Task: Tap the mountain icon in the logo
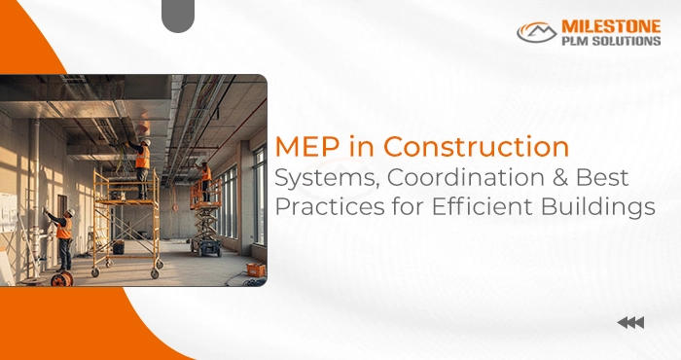click(x=536, y=33)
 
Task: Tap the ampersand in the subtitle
click(x=556, y=179)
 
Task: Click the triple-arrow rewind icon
click(x=630, y=323)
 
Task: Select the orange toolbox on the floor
click(x=255, y=269)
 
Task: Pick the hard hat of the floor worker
click(x=69, y=212)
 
